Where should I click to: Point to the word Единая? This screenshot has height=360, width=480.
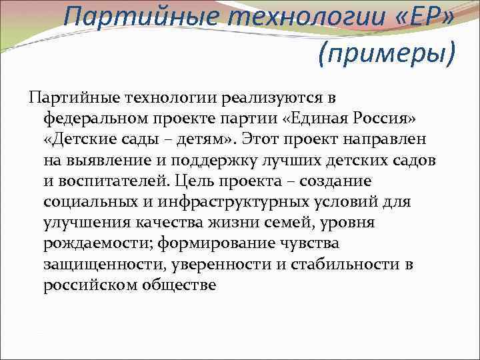click(x=316, y=119)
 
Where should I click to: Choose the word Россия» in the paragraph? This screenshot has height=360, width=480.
click(x=378, y=119)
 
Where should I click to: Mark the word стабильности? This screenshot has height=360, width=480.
click(x=336, y=265)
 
